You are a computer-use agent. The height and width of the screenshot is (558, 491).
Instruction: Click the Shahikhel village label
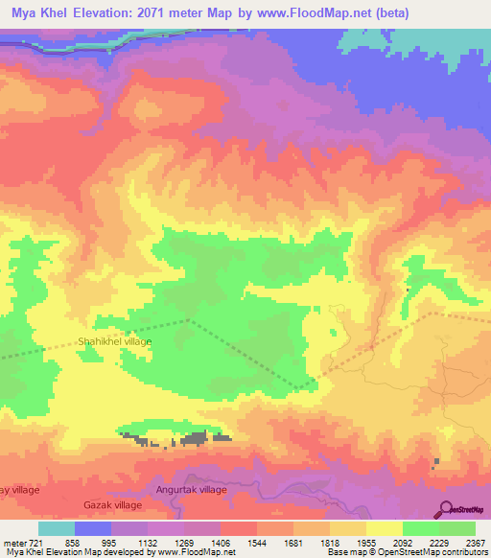114,340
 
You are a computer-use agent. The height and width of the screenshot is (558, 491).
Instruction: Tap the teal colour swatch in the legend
57,528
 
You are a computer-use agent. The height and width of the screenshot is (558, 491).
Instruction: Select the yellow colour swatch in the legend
384,528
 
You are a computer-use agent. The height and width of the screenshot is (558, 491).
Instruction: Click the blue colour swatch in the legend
93,528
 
